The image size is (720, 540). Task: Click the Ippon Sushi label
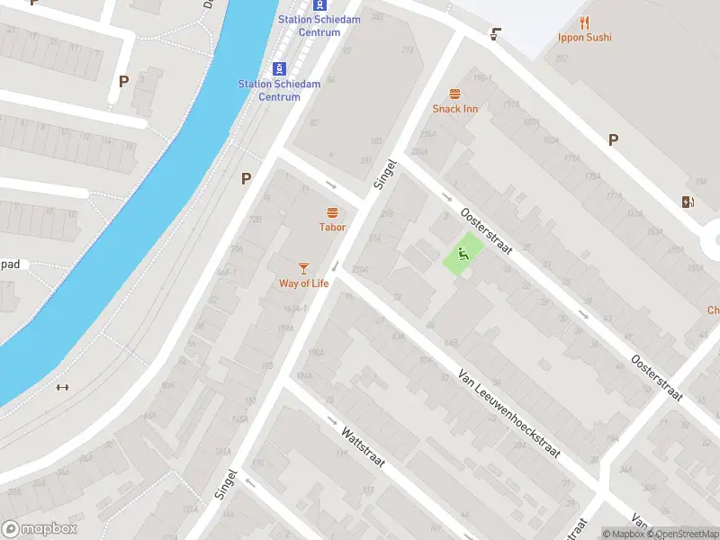click(584, 38)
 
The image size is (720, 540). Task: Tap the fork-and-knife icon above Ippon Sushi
click(584, 23)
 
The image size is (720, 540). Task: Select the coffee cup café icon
click(494, 34)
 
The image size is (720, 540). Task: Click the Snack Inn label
click(454, 109)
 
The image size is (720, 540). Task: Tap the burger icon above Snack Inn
click(454, 94)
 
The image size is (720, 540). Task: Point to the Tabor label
click(332, 228)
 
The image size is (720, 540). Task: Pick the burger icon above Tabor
click(332, 213)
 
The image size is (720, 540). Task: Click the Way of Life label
click(303, 283)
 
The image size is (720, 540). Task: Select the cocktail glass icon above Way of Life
click(303, 268)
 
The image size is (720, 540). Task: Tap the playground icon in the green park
click(465, 253)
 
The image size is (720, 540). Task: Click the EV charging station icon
click(688, 202)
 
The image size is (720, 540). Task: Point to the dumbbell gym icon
click(62, 388)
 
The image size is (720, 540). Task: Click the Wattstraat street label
click(363, 447)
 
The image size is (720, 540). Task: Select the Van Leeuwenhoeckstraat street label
click(508, 412)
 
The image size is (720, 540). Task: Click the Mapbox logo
click(40, 529)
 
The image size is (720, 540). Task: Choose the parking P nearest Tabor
click(246, 179)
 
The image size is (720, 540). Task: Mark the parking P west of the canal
click(123, 81)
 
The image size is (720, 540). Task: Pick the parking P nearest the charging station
click(613, 139)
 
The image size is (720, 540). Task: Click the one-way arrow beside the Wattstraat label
click(332, 421)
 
